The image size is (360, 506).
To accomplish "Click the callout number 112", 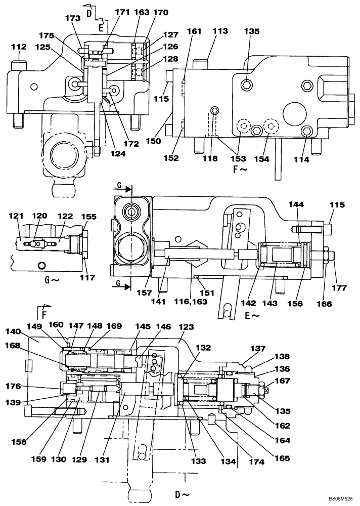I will point(19,47).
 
